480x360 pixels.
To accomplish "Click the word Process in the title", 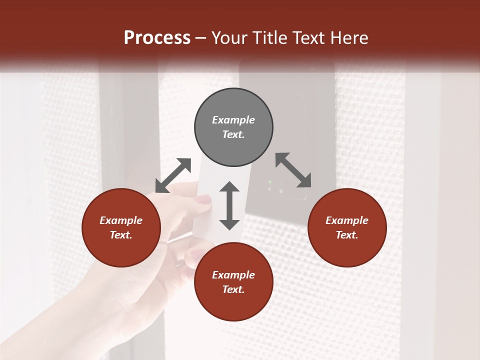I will coord(157,38).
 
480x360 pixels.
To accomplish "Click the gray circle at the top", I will coord(233,127).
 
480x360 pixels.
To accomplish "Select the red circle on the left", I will coord(121,227).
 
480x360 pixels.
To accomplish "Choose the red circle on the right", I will coord(347,227).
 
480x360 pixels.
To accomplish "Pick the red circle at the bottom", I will coord(233,282).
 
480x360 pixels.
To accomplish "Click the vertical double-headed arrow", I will coord(229,205).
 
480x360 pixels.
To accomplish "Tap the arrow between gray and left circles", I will coord(173,175).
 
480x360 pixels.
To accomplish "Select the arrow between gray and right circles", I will coord(293,170).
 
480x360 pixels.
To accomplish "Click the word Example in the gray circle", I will coord(233,120).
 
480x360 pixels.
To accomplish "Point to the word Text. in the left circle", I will coord(121,235).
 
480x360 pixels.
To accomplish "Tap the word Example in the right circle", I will coord(347,220).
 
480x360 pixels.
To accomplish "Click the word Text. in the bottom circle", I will coord(233,289).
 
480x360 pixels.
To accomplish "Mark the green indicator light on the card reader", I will coord(270,182).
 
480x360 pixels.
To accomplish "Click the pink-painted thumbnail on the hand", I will coord(203,199).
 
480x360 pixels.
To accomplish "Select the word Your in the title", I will coord(228,38).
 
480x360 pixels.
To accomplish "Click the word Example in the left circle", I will coord(121,220).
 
